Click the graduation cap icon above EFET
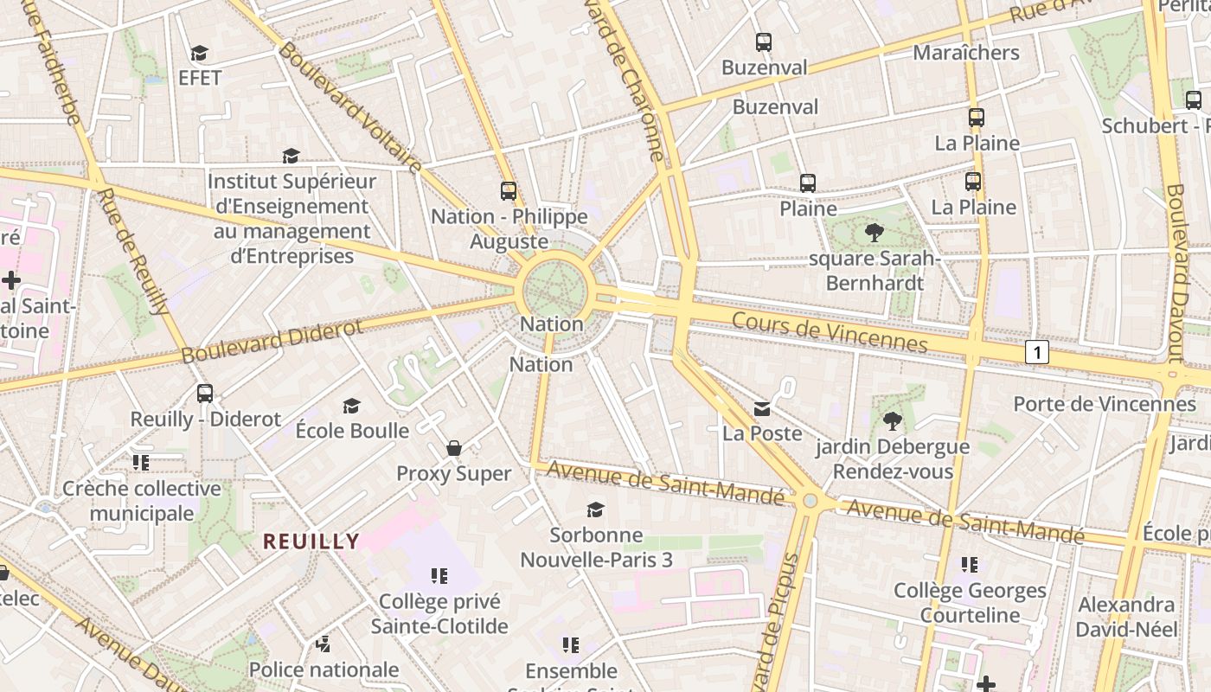pos(200,54)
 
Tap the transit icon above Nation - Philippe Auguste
pos(509,190)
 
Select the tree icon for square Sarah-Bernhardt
pos(875,232)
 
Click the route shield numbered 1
pos(1037,352)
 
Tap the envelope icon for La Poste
pos(762,408)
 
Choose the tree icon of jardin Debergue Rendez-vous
pos(892,421)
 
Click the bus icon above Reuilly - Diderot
pos(205,393)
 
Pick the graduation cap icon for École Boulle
pos(351,406)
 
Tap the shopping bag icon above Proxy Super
pos(454,448)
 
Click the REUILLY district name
pos(311,541)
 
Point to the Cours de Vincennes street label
pos(830,332)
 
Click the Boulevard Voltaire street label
pos(350,108)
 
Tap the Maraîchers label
pos(966,53)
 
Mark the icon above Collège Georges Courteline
pos(970,565)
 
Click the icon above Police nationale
pos(324,644)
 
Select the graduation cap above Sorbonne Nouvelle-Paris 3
pos(595,509)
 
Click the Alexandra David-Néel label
pos(1127,617)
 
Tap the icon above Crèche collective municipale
pos(141,462)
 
